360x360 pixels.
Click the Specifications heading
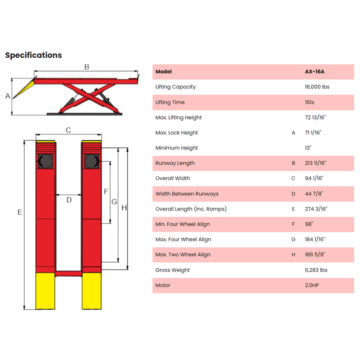[x=33, y=55]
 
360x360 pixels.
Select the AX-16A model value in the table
[x=315, y=72]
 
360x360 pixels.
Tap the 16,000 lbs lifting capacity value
[x=317, y=87]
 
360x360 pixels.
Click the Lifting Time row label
[x=170, y=102]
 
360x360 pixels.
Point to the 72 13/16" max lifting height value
[x=315, y=117]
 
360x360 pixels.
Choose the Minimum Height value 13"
[x=308, y=148]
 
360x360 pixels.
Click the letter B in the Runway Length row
[x=294, y=163]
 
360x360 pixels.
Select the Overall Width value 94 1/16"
[x=314, y=178]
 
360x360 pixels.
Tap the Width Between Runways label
[x=187, y=194]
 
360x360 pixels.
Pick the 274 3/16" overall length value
[x=316, y=209]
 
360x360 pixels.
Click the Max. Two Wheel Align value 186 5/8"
[x=315, y=255]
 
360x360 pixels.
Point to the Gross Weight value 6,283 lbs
[x=316, y=270]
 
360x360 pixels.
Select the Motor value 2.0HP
[x=312, y=285]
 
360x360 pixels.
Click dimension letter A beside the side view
[x=8, y=96]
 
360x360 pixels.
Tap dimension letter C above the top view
[x=69, y=130]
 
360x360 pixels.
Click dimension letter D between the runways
[x=69, y=200]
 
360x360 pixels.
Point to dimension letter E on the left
[x=20, y=212]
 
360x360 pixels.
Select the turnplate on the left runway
[x=45, y=161]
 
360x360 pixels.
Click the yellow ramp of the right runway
[x=92, y=291]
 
